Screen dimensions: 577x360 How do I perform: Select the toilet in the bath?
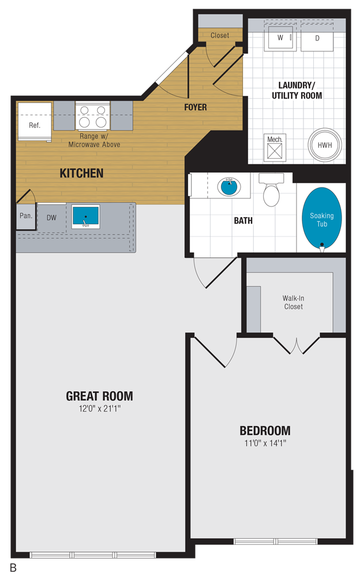coord(271,192)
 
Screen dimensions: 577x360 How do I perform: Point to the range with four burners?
coord(93,115)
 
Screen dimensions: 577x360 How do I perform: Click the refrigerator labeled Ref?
coord(35,122)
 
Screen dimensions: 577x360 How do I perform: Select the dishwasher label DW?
coord(51,218)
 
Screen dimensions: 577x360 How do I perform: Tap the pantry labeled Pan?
coord(25,217)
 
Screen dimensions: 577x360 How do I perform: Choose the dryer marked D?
coord(317,38)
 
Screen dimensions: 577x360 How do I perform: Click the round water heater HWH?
coord(324,145)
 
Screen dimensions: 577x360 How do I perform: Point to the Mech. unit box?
coord(273,146)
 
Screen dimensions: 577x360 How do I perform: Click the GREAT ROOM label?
coord(99,396)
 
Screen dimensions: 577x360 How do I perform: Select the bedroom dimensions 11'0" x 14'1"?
coord(265,443)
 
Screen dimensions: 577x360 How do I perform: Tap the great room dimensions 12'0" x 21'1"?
coord(99,409)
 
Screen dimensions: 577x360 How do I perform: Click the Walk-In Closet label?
coord(293,302)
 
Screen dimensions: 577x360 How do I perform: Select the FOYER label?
coord(196,107)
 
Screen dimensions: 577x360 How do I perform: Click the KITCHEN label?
coord(81,173)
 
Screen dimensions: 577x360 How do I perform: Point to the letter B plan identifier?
coord(13,567)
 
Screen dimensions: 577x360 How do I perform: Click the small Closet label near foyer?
coord(219,35)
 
